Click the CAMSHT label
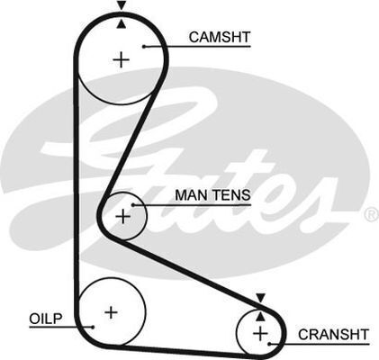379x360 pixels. pyautogui.click(x=220, y=37)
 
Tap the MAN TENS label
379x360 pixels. pyautogui.click(x=212, y=195)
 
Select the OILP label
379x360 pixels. pyautogui.click(x=46, y=319)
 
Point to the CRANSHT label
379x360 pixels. pyautogui.click(x=333, y=335)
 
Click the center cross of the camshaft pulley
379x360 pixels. pyautogui.click(x=122, y=59)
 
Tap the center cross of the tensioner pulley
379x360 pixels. pyautogui.click(x=122, y=216)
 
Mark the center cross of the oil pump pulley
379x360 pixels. pyautogui.click(x=112, y=312)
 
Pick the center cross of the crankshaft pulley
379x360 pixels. pyautogui.click(x=260, y=333)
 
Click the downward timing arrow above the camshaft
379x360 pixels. pyautogui.click(x=122, y=5)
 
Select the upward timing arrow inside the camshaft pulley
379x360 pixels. pyautogui.click(x=122, y=24)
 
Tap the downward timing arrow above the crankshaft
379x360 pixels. pyautogui.click(x=260, y=298)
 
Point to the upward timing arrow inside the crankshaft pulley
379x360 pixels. pyautogui.click(x=260, y=316)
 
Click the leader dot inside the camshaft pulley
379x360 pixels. pyautogui.click(x=144, y=47)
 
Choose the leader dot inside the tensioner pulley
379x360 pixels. pyautogui.click(x=133, y=205)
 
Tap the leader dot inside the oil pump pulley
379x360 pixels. pyautogui.click(x=93, y=327)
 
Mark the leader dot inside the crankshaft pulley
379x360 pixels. pyautogui.click(x=270, y=344)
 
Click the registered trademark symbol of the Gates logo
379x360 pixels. pyautogui.click(x=372, y=214)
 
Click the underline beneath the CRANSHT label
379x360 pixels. pyautogui.click(x=320, y=344)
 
